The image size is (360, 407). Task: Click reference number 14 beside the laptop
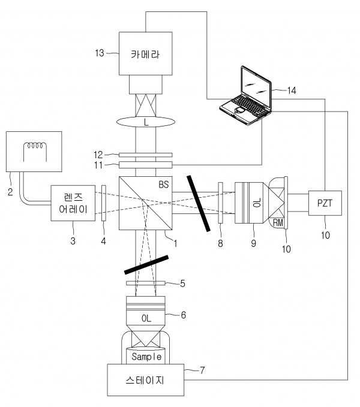click(291, 91)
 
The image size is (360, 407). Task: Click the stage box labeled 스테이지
click(145, 381)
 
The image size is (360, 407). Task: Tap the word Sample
click(146, 357)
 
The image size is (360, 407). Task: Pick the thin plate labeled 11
click(145, 165)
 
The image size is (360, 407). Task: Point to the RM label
click(278, 223)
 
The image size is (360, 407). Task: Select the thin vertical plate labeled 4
click(104, 204)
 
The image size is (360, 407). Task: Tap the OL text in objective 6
click(145, 317)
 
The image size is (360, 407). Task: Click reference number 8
click(220, 243)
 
